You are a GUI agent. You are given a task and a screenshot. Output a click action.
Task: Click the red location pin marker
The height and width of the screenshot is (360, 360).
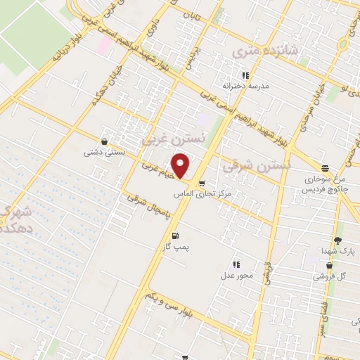coord(181,167)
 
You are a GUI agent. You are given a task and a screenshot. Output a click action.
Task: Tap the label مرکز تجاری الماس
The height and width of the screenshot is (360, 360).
coord(207,193)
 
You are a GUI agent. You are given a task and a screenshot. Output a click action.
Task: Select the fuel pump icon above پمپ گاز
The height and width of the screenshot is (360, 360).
coord(174,235)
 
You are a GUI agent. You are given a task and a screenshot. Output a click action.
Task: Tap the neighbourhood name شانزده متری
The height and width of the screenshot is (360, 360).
coord(263,49)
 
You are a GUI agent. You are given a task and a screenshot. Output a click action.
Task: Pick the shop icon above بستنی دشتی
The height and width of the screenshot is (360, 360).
coord(105,141)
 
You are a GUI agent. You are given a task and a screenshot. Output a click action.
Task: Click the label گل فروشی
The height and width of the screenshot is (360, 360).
coord(336,276)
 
